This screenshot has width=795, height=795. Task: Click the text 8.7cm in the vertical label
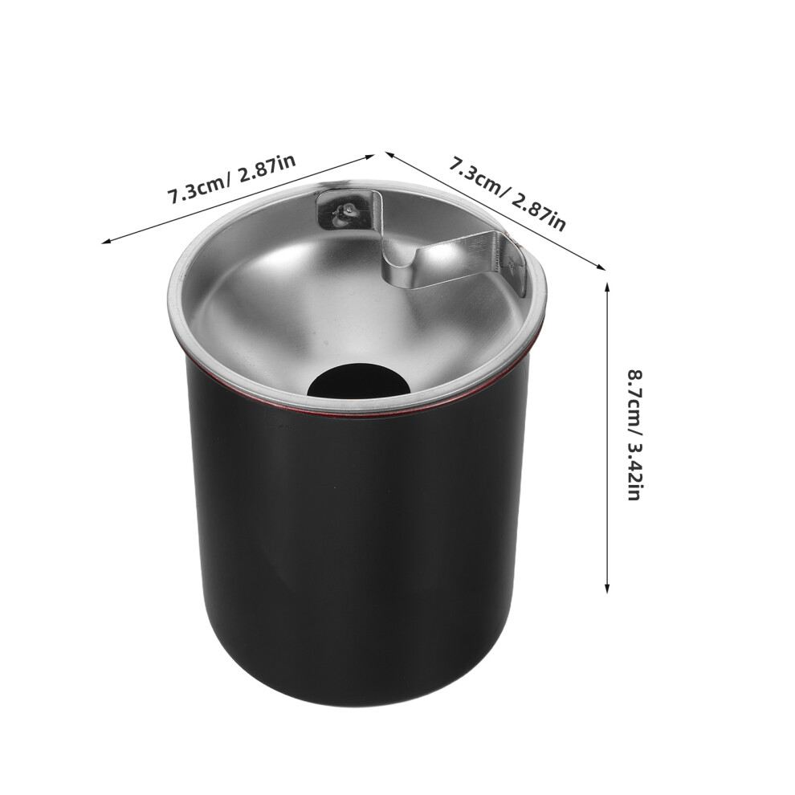[x=634, y=394]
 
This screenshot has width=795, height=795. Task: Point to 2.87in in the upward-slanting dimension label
[x=265, y=170]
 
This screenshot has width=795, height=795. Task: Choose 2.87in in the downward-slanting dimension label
[x=539, y=212]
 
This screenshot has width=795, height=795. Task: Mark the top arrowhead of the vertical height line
[x=607, y=287]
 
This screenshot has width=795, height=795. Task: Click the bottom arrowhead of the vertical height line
[x=607, y=588]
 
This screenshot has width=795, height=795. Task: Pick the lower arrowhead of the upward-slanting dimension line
[x=106, y=241]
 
